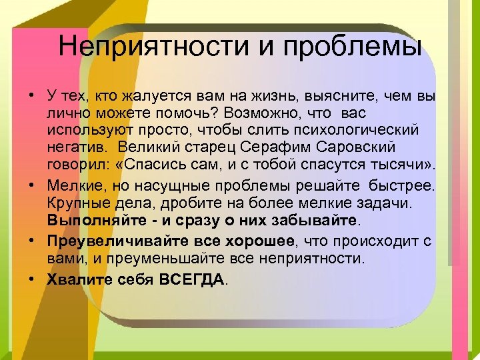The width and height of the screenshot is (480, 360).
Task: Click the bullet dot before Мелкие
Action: pyautogui.click(x=31, y=185)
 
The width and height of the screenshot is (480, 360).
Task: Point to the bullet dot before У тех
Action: pyautogui.click(x=31, y=97)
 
